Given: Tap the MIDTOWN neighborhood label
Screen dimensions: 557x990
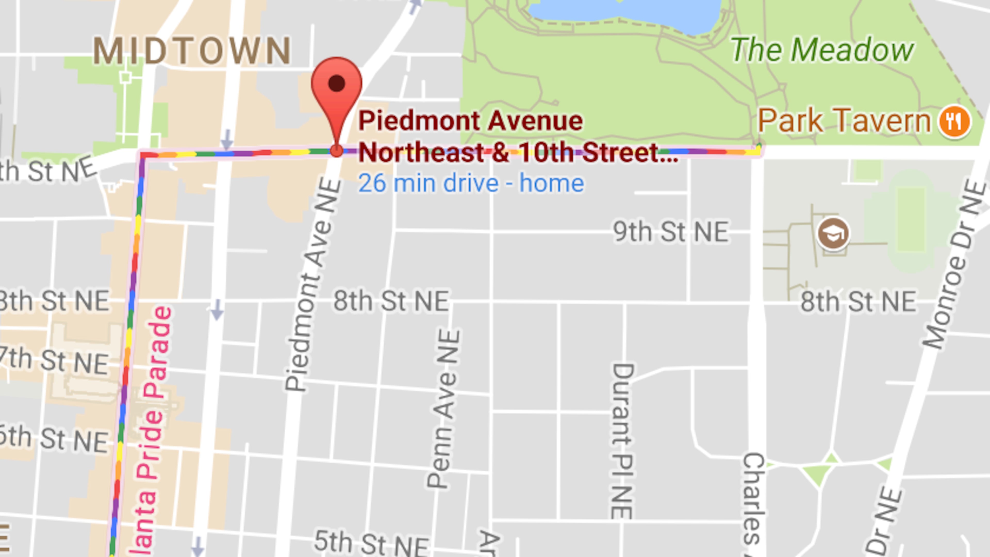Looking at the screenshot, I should click(192, 51).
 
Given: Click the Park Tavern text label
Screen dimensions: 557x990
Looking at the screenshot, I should click(844, 121).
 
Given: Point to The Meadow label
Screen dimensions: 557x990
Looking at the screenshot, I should click(822, 50).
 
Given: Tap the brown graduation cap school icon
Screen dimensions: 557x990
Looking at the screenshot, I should click(833, 233).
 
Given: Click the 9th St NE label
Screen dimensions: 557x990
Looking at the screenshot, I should click(671, 232).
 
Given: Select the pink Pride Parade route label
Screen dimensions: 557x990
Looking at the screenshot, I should click(152, 431).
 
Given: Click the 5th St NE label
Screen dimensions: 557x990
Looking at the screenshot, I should click(371, 543).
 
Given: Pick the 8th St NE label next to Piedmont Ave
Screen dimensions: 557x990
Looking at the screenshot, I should click(391, 301).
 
